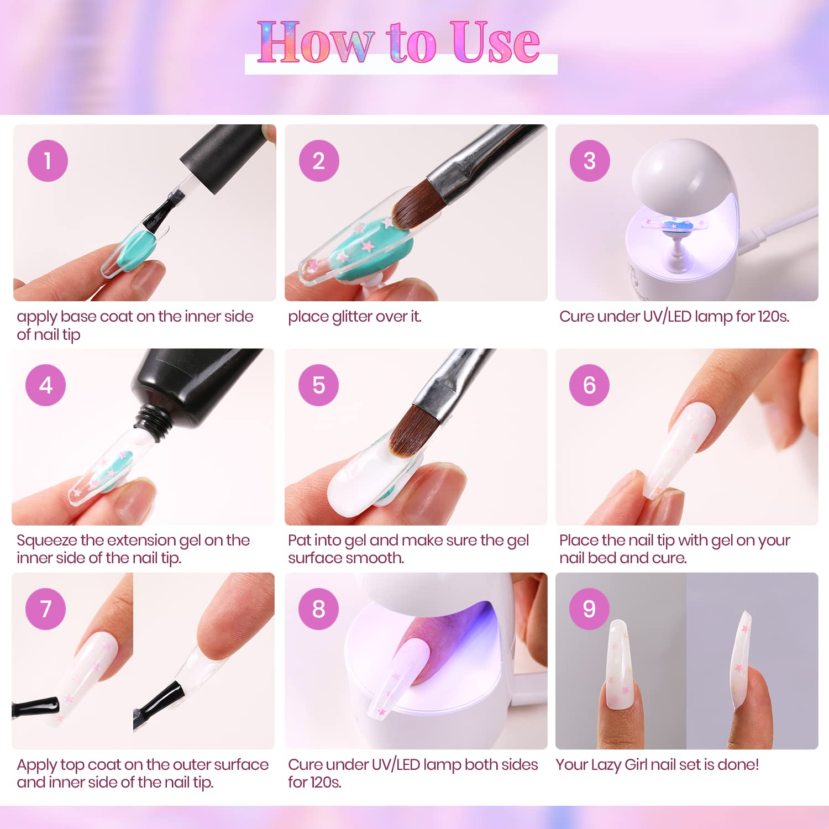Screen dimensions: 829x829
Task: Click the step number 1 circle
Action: point(48,161)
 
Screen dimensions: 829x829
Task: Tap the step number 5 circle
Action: point(318,385)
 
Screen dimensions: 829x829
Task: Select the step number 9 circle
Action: point(589,609)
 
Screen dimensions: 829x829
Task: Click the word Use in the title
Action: point(494,43)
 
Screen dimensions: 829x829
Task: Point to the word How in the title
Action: point(316,42)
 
